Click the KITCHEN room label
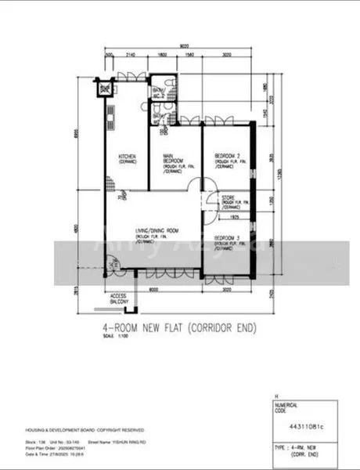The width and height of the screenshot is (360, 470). pyautogui.click(x=128, y=160)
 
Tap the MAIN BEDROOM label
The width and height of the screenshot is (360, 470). pyautogui.click(x=172, y=159)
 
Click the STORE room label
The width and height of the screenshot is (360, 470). pyautogui.click(x=229, y=198)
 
